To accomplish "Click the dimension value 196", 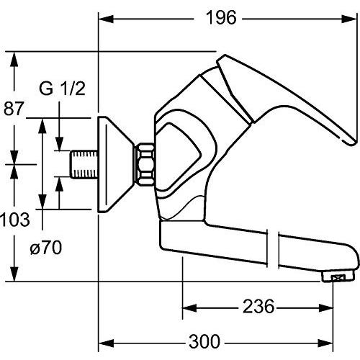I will point(220,18).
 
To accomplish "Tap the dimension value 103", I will point(16,218).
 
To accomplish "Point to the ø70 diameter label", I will point(46,248).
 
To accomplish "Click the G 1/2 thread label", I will point(62,90).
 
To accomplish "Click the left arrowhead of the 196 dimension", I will point(103,18).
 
